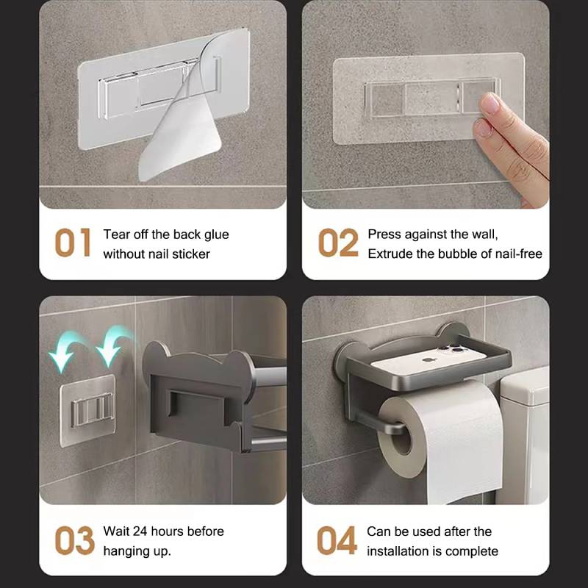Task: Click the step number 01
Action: pyautogui.click(x=73, y=243)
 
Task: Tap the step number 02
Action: pyautogui.click(x=338, y=243)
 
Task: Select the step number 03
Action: pyautogui.click(x=74, y=541)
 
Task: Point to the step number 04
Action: pyautogui.click(x=337, y=541)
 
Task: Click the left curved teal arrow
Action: pyautogui.click(x=62, y=351)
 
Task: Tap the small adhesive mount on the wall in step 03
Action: pyautogui.click(x=87, y=408)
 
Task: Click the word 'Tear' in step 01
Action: pyautogui.click(x=116, y=234)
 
